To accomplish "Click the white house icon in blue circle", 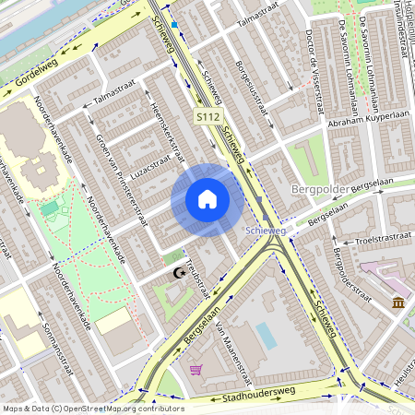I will (x=207, y=199).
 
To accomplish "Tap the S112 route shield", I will (x=207, y=118).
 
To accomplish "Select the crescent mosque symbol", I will (x=178, y=273).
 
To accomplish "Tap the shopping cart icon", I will (x=196, y=370).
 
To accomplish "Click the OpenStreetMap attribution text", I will (x=93, y=408).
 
